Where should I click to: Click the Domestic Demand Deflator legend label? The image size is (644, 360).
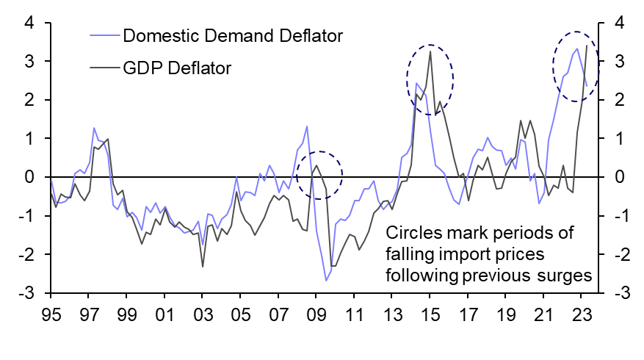point(234,35)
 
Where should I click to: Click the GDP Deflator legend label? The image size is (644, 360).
point(178,68)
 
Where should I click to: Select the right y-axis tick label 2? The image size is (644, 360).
point(620,99)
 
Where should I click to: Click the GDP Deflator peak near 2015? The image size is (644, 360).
point(430,51)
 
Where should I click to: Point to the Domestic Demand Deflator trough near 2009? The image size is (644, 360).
point(325,280)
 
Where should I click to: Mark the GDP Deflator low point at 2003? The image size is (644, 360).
point(203,267)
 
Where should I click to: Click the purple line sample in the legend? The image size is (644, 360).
point(104,35)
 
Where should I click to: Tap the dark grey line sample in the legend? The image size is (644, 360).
point(104,68)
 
